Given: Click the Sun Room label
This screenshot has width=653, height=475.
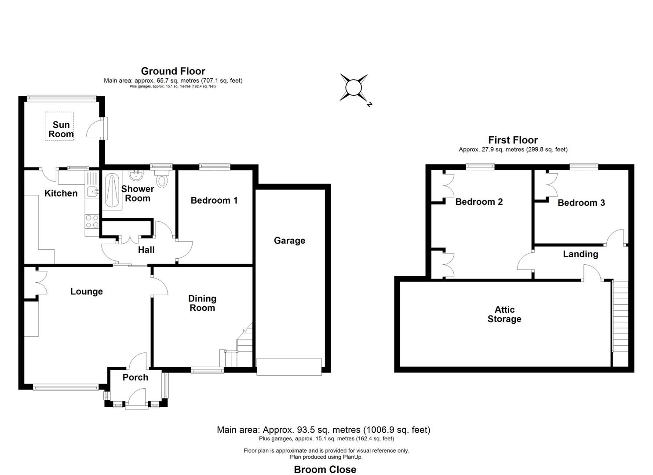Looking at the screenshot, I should tap(61, 129).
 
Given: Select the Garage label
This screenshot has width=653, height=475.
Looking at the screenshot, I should tap(289, 241).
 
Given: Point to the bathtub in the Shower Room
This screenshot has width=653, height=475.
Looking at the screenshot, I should tap(111, 190).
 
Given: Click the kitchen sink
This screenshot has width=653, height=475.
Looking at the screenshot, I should tap(93, 191).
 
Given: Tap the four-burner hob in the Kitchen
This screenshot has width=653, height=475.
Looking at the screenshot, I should tap(92, 221).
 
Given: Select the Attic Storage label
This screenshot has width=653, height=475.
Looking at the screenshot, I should tap(504, 314).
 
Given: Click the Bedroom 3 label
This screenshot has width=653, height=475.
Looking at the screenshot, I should tap(581, 203).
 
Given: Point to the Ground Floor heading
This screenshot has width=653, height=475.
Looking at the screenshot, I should tap(173, 71).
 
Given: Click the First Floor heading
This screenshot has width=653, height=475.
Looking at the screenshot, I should tap(513, 140).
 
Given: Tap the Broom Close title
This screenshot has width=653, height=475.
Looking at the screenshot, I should tap(325, 470).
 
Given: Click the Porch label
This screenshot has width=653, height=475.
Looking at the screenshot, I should tap(135, 377).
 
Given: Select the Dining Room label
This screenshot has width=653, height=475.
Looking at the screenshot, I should tap(202, 303).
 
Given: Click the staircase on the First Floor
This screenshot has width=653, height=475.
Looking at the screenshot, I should tap(620, 317).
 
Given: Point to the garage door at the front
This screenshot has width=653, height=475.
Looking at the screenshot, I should tap(289, 367).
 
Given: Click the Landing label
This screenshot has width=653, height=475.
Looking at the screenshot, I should tap(580, 254).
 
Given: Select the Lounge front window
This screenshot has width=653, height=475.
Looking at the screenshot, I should tap(66, 387).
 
